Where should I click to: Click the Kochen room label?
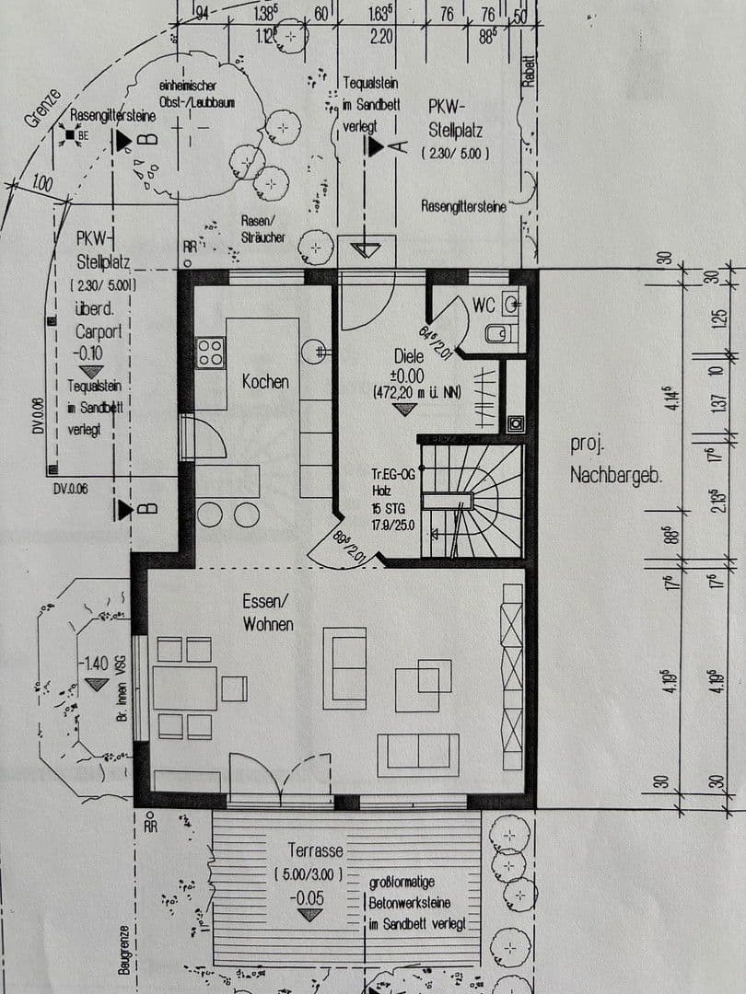pyautogui.click(x=265, y=381)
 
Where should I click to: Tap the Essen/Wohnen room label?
pyautogui.click(x=268, y=612)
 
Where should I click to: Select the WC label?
pyautogui.click(x=484, y=305)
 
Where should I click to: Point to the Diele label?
pyautogui.click(x=408, y=355)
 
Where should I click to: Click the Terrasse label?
pyautogui.click(x=314, y=850)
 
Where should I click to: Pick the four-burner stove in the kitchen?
pyautogui.click(x=211, y=352)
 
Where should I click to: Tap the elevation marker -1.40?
pyautogui.click(x=94, y=663)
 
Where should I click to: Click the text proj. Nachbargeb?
pyautogui.click(x=603, y=460)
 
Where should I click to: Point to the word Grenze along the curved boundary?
pyautogui.click(x=43, y=111)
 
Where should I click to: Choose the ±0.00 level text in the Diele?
pyautogui.click(x=405, y=376)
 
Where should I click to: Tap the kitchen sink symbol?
pyautogui.click(x=317, y=349)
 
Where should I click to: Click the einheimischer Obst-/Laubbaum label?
pyautogui.click(x=195, y=93)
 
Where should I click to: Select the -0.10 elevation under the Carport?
pyautogui.click(x=90, y=353)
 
